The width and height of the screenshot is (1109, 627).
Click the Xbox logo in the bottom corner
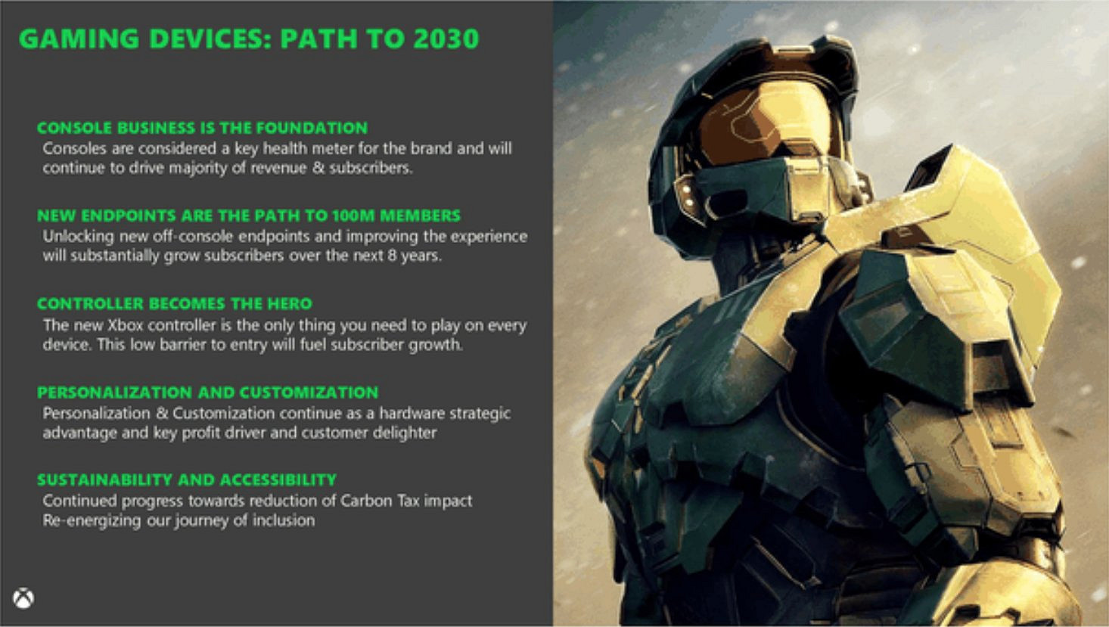point(23,598)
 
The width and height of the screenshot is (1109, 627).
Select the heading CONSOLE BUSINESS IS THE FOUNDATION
point(202,128)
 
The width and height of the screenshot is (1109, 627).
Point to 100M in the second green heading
point(353,216)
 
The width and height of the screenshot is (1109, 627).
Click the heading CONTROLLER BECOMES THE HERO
point(174,304)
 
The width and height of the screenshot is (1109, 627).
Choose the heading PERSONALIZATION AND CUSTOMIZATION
point(207,393)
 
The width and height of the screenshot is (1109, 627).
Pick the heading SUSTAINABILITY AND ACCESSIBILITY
point(186,480)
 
